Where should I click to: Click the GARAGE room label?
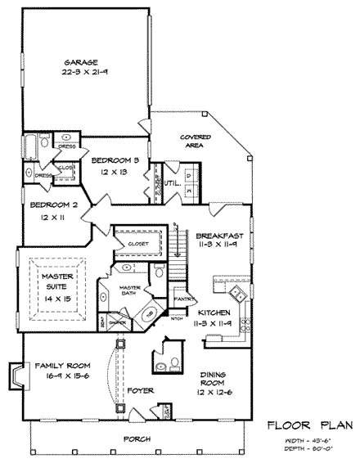pyautogui.click(x=83, y=61)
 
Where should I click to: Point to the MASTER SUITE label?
pyautogui.click(x=58, y=281)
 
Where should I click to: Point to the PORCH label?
pyautogui.click(x=137, y=438)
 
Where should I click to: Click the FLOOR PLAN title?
pyautogui.click(x=309, y=424)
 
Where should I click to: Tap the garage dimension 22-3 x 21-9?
pyautogui.click(x=83, y=74)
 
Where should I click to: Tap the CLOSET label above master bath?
pyautogui.click(x=137, y=243)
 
